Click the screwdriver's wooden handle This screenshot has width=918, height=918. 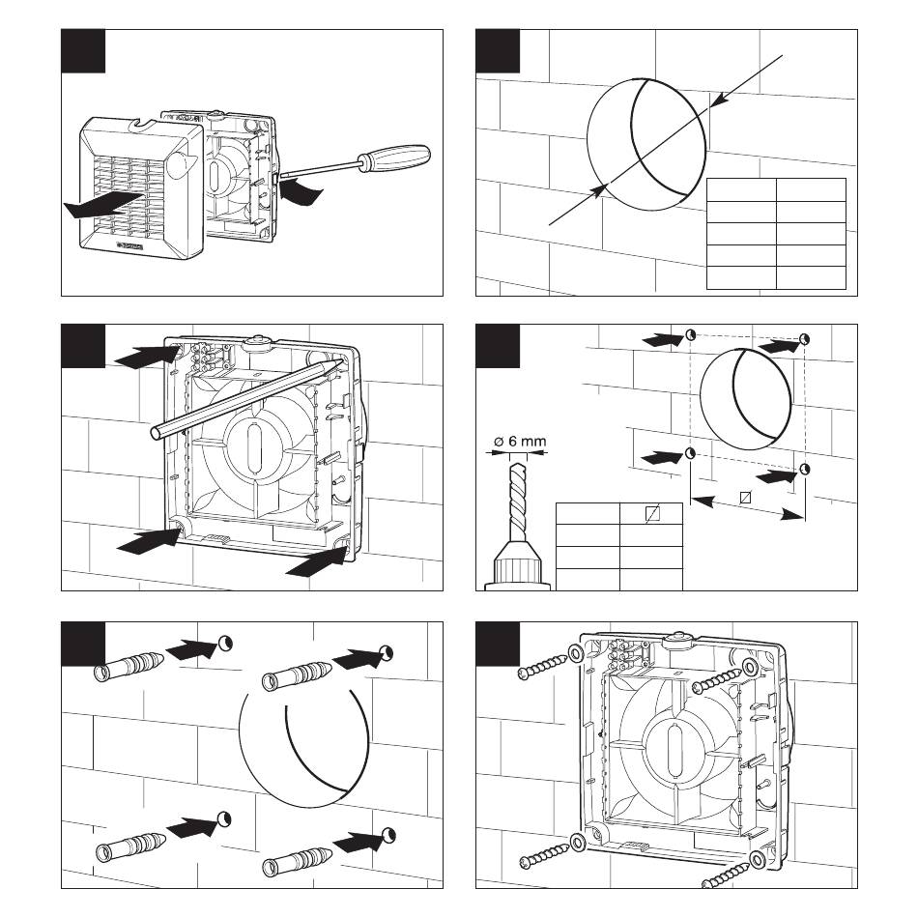pos(390,158)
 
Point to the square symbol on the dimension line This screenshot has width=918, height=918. pos(744,499)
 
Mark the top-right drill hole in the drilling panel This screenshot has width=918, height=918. pos(804,339)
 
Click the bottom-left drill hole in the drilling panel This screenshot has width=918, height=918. pos(690,454)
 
